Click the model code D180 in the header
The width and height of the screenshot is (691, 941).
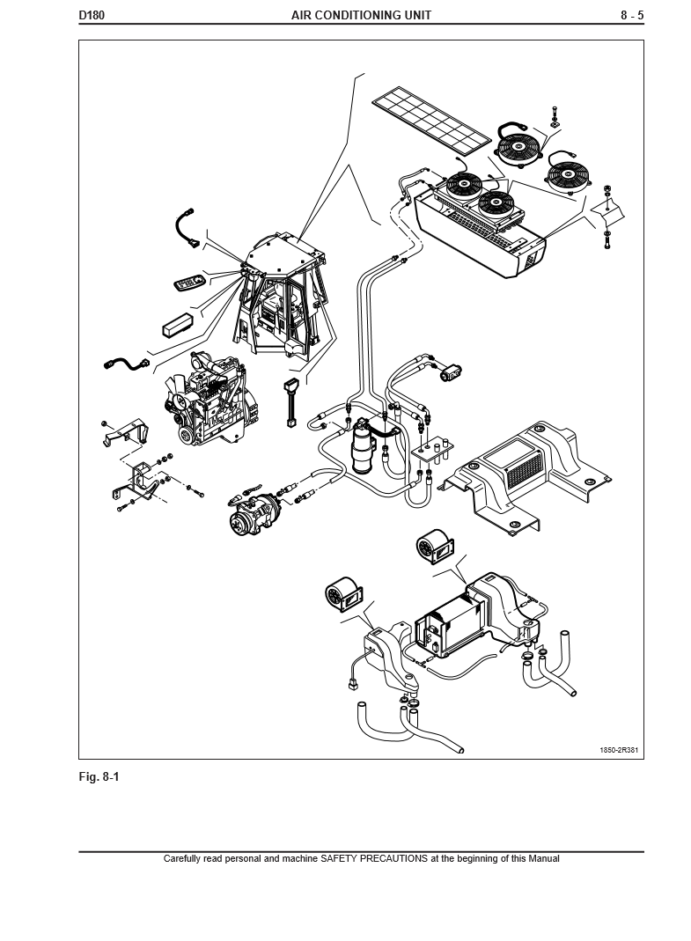tap(92, 15)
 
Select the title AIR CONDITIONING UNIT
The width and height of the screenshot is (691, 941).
tap(361, 15)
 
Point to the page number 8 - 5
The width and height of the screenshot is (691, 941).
tap(631, 15)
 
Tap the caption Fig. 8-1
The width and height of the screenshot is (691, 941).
tap(99, 777)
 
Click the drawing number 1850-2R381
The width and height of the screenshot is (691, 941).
tap(619, 751)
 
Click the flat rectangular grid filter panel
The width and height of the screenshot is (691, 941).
tap(431, 117)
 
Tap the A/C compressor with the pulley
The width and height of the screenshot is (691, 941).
tap(253, 513)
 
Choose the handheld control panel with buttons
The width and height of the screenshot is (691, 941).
tap(189, 283)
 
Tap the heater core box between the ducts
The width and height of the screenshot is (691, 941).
tap(452, 623)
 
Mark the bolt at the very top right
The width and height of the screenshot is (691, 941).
tap(555, 113)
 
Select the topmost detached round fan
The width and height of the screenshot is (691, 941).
tap(518, 147)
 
